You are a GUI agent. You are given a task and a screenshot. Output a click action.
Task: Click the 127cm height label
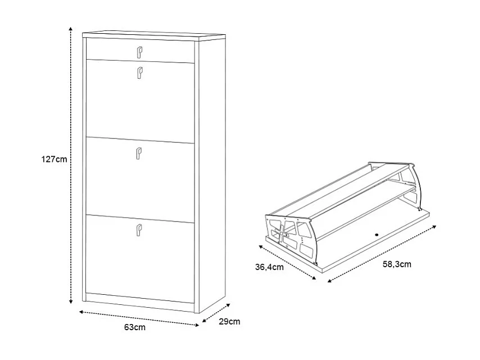[54, 159]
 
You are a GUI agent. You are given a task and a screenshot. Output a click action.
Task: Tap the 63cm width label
[135, 327]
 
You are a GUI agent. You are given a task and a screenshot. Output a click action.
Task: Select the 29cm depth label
[229, 321]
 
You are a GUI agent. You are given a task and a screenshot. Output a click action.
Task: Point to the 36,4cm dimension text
[269, 267]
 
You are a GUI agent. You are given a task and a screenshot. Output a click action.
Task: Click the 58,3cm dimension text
[397, 264]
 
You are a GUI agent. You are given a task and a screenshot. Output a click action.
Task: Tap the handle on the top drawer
[139, 52]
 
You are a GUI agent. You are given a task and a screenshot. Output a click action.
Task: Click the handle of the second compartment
[139, 73]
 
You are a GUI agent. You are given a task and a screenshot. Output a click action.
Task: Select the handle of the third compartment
[139, 154]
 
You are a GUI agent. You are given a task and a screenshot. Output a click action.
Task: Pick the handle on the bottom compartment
[139, 230]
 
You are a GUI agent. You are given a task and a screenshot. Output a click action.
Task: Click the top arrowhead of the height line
[71, 28]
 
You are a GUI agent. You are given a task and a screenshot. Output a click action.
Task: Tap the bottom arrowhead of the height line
[71, 302]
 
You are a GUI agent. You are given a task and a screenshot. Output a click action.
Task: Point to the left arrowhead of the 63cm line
[81, 312]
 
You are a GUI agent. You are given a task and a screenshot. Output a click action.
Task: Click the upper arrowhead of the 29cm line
[228, 305]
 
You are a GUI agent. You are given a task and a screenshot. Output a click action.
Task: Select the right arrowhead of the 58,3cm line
[434, 227]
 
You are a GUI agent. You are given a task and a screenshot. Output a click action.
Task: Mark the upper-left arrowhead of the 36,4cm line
[261, 246]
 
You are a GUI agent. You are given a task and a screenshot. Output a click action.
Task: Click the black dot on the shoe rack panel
[377, 235]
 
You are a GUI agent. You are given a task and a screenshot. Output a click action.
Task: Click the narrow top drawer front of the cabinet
[141, 51]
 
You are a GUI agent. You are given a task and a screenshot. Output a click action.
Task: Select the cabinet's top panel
[154, 35]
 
